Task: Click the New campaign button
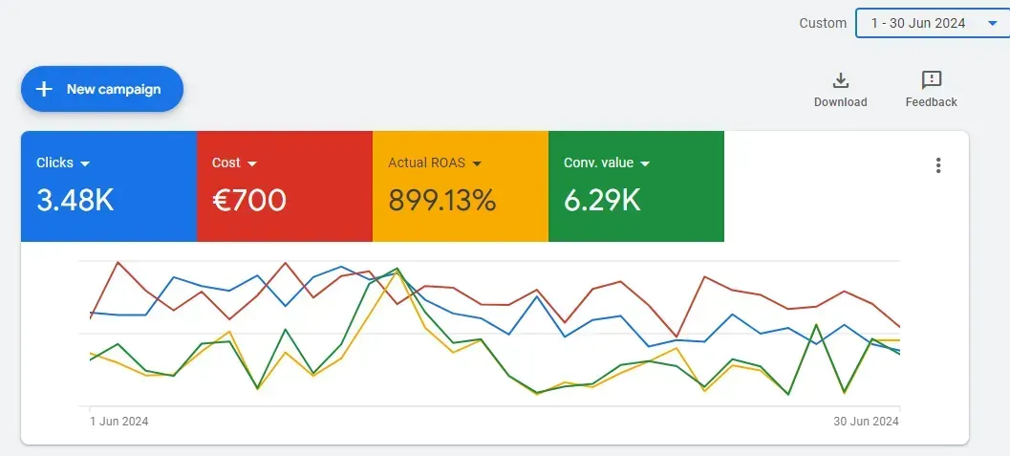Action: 102,89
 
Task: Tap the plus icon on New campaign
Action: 44,89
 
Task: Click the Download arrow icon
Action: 841,80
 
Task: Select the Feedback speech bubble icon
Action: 931,80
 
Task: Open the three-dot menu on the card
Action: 938,165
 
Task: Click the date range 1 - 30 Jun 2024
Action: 917,23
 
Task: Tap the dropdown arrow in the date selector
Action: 992,23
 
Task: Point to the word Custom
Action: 823,23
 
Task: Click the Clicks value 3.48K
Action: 75,201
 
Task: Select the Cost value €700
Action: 248,201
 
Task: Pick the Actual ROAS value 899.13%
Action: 441,201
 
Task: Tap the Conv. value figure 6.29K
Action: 602,201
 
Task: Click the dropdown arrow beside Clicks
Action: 85,163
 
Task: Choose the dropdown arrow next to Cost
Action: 252,163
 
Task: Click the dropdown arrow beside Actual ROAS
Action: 477,163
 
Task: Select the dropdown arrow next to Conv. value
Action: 645,163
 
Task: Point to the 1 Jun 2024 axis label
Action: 119,422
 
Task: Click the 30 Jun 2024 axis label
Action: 866,422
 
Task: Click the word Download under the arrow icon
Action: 841,102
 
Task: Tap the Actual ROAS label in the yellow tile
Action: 426,163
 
